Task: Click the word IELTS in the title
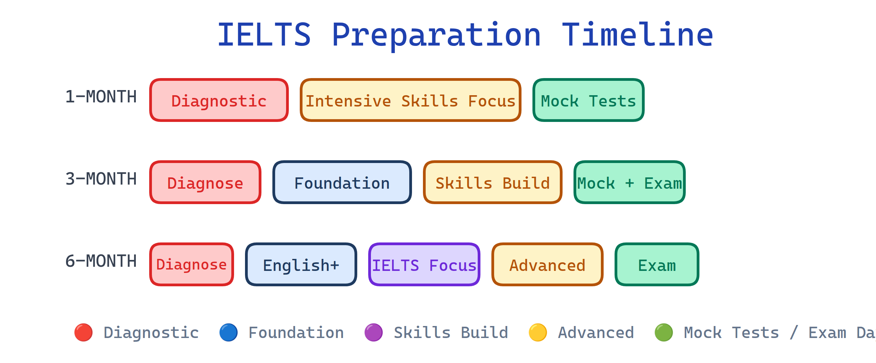264,35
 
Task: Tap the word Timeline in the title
637,35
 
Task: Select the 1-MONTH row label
101,97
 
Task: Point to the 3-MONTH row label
101,179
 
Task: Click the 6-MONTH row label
101,261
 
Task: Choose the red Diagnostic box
219,100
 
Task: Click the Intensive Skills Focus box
410,100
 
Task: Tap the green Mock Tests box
588,100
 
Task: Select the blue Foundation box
342,183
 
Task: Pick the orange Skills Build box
492,183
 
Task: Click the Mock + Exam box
629,183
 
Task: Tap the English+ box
301,265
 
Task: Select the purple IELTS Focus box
424,265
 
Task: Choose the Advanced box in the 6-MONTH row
547,265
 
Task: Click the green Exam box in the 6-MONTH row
657,265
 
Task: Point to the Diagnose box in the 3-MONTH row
205,183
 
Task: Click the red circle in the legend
83,333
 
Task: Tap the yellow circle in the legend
538,333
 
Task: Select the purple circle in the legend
374,333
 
